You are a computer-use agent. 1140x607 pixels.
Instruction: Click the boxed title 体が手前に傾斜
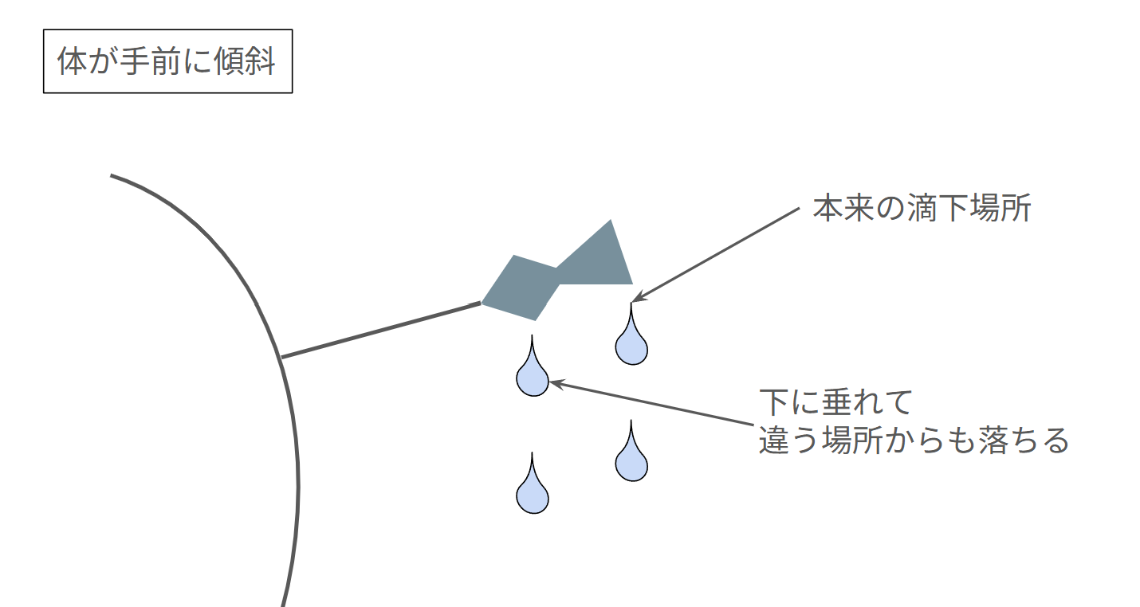[167, 61]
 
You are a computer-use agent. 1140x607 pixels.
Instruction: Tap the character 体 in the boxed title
[73, 61]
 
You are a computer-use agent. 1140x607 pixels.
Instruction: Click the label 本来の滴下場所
[922, 208]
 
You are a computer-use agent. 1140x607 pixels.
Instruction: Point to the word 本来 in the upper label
[843, 208]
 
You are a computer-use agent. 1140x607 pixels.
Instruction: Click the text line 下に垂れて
[835, 402]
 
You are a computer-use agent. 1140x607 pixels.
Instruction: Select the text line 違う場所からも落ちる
[914, 441]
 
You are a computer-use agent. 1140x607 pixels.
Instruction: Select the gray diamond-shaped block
[521, 288]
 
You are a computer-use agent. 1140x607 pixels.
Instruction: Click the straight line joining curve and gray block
[381, 330]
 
